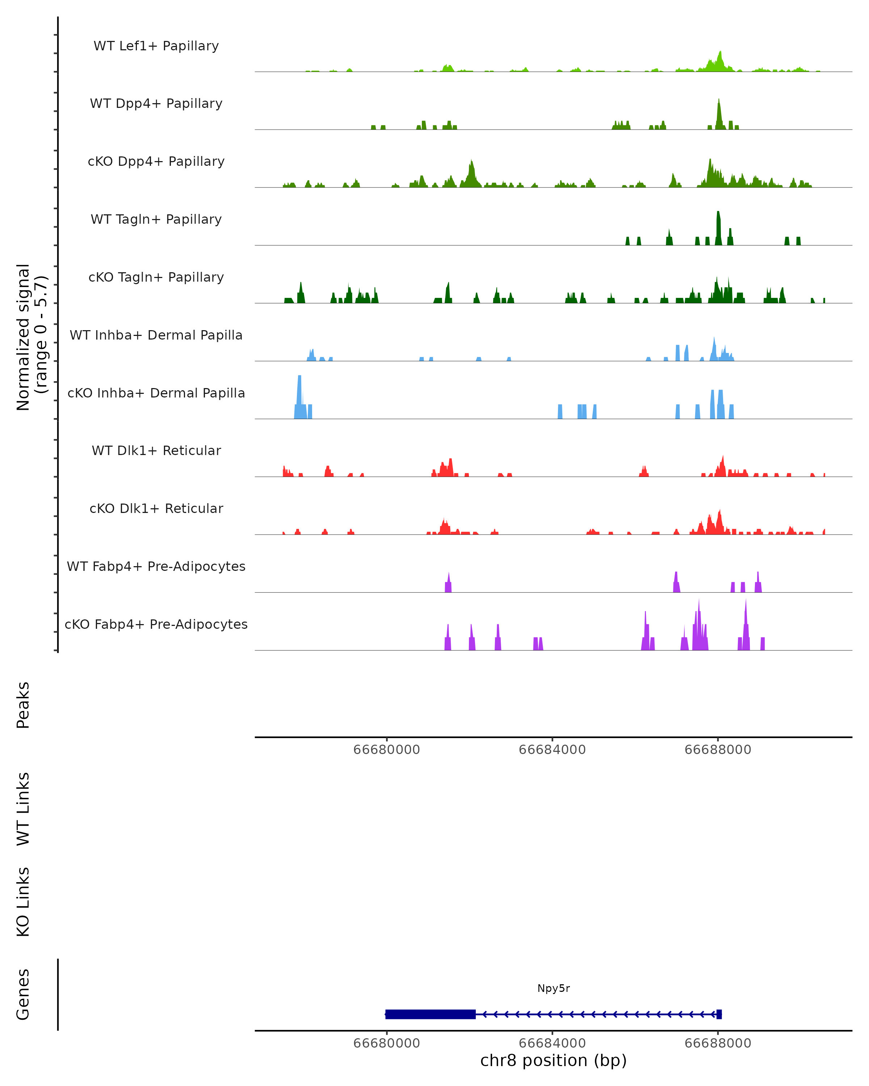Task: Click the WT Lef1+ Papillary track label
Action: (156, 46)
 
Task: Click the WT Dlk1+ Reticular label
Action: (156, 450)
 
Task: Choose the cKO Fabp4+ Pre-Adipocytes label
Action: (156, 624)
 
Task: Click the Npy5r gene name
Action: (553, 988)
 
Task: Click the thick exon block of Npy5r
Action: (430, 1014)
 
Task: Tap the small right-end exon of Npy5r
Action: (719, 1014)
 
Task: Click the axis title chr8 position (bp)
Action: (553, 1060)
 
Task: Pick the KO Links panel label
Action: (23, 902)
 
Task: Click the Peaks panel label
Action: (23, 705)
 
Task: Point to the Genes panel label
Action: (23, 994)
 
